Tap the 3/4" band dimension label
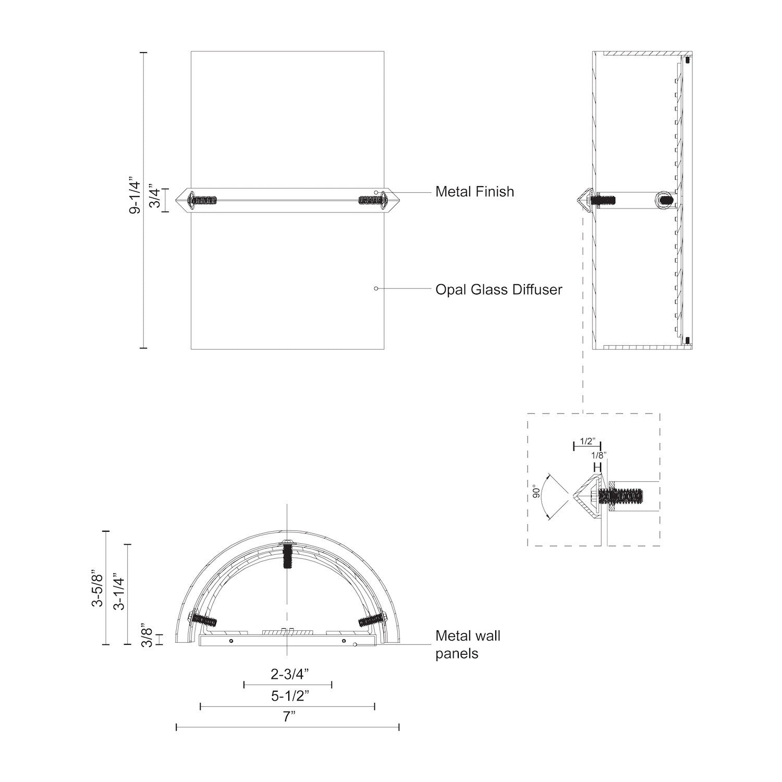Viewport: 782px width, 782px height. coord(155,196)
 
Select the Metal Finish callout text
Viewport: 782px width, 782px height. coord(474,192)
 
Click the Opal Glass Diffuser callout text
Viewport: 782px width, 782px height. coord(499,290)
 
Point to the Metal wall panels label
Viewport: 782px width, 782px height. coord(468,644)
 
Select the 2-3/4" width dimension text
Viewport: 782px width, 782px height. coord(289,674)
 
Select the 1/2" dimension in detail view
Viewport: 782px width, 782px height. coord(586,441)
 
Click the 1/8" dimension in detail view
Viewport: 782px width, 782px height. coord(598,455)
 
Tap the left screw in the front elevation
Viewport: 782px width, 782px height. coord(202,200)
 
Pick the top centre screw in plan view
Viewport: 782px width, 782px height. coord(287,556)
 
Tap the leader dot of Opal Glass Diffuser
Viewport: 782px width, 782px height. coord(376,288)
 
